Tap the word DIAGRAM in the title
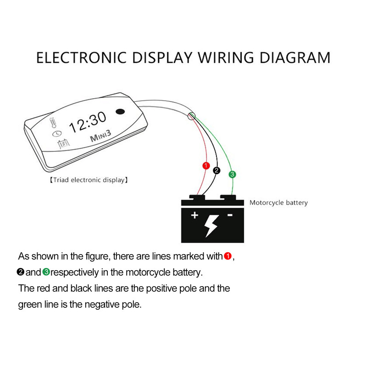(x=295, y=58)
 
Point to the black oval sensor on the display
(x=121, y=111)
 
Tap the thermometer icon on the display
(x=53, y=123)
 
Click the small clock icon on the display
(x=56, y=133)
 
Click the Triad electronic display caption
(x=89, y=180)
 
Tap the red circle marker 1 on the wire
(x=206, y=165)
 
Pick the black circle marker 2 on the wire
(x=217, y=170)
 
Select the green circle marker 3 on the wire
(x=232, y=174)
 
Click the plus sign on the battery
(x=195, y=215)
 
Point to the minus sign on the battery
(x=230, y=215)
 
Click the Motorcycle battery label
(x=278, y=202)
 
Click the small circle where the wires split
(x=192, y=117)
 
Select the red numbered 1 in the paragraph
(x=228, y=256)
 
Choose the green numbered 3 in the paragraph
(x=46, y=272)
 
